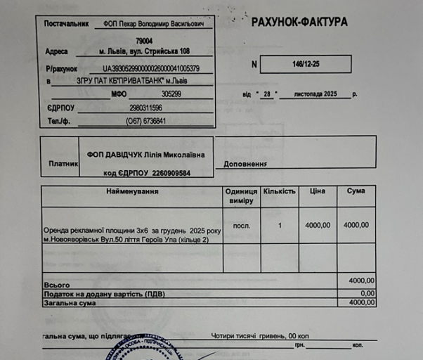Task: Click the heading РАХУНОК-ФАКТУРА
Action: pos(299,22)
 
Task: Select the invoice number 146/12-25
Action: pos(306,63)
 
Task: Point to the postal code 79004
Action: pos(144,41)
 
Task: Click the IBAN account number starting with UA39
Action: pos(151,68)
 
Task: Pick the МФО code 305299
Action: pos(171,94)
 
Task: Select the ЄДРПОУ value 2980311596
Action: pos(146,108)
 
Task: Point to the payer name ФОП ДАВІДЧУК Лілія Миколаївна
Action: pos(146,154)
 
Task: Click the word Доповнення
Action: pos(245,164)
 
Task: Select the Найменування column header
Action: pos(132,191)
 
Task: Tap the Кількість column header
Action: pos(280,191)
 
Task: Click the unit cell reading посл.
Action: pos(241,225)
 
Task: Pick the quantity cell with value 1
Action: pos(280,225)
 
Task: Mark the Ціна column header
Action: pos(318,191)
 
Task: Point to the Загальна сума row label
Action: pos(70,303)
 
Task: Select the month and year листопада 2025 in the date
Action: pos(315,94)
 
